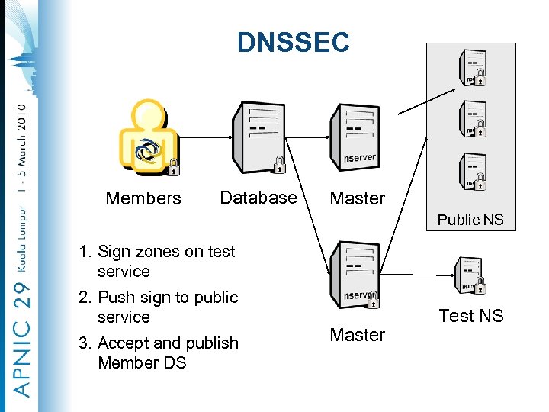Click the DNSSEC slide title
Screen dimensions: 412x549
click(x=293, y=42)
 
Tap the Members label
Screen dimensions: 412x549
click(x=143, y=198)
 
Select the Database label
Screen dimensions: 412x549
click(x=258, y=198)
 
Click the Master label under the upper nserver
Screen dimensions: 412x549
click(x=357, y=198)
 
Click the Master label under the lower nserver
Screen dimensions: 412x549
click(x=357, y=335)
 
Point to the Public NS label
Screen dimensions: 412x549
click(x=470, y=220)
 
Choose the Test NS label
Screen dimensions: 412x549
click(x=470, y=315)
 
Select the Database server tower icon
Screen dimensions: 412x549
click(x=258, y=137)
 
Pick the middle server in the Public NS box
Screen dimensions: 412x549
click(x=473, y=118)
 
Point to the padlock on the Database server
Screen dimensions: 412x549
click(x=279, y=165)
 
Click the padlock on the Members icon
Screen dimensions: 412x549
click(x=174, y=167)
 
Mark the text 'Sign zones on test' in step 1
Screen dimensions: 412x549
click(x=166, y=252)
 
